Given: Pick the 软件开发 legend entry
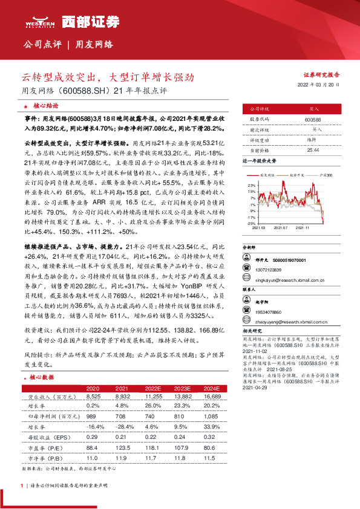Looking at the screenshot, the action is click(296, 174).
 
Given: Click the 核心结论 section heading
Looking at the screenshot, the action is click(45, 104).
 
